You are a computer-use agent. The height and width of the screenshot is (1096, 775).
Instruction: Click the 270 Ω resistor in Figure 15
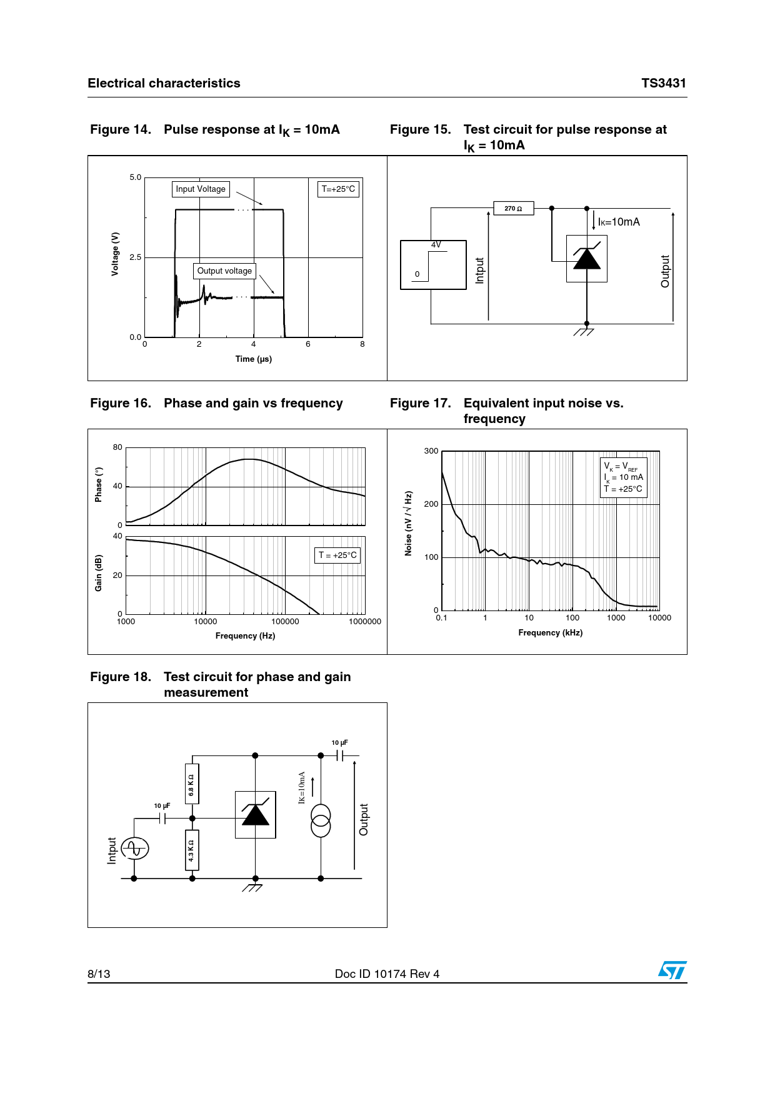[x=514, y=208]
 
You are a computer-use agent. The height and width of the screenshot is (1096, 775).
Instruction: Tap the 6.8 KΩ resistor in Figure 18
[x=192, y=784]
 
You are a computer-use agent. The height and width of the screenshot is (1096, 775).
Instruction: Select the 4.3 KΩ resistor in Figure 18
[x=192, y=850]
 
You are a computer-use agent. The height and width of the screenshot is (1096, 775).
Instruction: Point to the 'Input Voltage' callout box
[x=201, y=189]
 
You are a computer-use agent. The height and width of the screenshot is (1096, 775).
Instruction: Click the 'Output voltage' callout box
[x=224, y=271]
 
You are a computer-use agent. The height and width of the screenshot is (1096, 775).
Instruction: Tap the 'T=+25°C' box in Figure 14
[x=338, y=189]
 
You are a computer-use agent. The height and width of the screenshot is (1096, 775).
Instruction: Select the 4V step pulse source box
[x=433, y=265]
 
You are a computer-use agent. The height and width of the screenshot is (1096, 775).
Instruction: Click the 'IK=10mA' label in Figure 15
[x=619, y=222]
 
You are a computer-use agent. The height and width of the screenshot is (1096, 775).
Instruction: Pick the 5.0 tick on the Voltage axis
[x=136, y=177]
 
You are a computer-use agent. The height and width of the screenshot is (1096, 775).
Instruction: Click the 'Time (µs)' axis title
[x=253, y=359]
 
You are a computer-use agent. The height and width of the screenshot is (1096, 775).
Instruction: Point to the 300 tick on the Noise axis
[x=431, y=451]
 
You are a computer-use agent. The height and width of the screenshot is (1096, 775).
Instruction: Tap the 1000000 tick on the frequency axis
[x=365, y=622]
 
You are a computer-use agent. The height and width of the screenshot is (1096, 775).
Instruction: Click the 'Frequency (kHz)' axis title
[x=550, y=632]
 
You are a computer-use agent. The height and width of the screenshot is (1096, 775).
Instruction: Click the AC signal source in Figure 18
[x=135, y=849]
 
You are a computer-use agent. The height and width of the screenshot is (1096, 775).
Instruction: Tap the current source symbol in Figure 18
[x=321, y=820]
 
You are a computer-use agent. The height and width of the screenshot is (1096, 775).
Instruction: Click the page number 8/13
[x=99, y=974]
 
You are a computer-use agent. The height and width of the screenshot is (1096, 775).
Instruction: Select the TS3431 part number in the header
[x=663, y=83]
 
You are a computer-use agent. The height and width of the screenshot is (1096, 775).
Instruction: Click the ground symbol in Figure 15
[x=585, y=331]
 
